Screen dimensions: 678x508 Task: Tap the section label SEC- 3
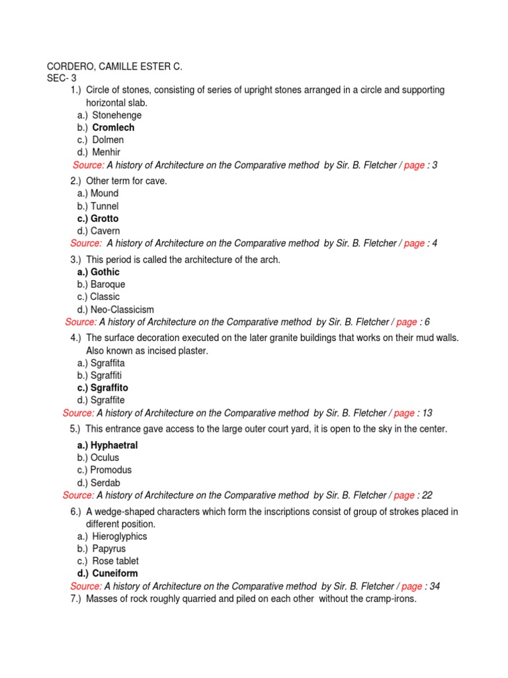tap(61, 78)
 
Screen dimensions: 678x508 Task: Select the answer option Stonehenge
tap(116, 115)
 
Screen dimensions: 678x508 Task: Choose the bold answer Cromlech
tap(113, 128)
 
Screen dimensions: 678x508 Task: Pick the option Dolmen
tap(108, 140)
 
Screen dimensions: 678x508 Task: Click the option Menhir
tap(108, 152)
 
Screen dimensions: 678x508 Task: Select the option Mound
tap(105, 193)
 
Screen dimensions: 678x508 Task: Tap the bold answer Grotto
tap(105, 218)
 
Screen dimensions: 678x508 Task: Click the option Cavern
tap(105, 231)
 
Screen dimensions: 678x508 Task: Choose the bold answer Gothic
tap(105, 272)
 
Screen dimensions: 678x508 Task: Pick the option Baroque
tap(107, 285)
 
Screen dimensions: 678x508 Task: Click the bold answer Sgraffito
tap(109, 388)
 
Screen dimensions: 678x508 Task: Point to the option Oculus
tap(106, 458)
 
